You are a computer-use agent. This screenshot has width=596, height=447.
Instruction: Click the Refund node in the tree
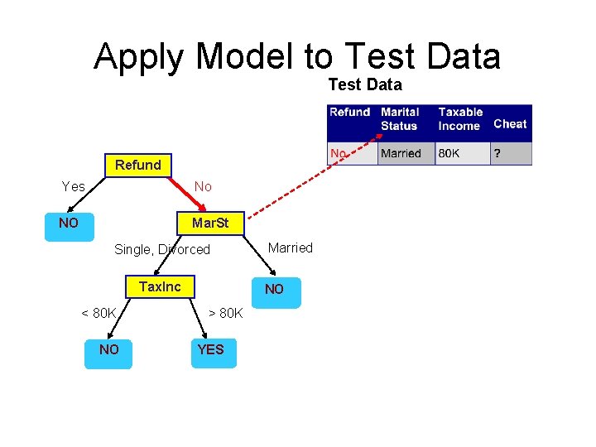point(138,165)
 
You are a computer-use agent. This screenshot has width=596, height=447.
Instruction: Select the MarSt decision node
point(210,223)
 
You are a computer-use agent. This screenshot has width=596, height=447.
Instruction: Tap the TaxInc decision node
point(160,286)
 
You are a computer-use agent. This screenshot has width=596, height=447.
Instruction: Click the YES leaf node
point(211,349)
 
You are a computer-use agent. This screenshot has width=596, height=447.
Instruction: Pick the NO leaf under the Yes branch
point(69,223)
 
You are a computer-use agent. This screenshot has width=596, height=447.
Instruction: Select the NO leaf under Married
point(274,290)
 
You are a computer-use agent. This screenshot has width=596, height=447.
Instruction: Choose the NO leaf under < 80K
point(108,349)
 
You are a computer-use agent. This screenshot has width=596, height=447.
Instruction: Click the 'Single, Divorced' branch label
point(162,249)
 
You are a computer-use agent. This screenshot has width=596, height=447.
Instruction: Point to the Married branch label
point(291,248)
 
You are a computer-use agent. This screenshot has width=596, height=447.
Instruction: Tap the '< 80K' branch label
point(99,313)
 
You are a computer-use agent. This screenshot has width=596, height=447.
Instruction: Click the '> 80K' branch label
point(225,313)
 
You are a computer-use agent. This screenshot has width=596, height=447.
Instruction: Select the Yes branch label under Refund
point(74,186)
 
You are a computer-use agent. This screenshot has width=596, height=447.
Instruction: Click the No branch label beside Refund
point(203,186)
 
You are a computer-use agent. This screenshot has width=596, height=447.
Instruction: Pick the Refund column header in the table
point(349,113)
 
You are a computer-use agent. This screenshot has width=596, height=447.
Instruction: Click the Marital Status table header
point(400,119)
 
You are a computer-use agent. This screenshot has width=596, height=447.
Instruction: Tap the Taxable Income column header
point(460,119)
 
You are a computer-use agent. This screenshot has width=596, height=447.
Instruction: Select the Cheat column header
point(510,124)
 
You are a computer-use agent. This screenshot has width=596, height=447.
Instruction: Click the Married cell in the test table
point(401,153)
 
